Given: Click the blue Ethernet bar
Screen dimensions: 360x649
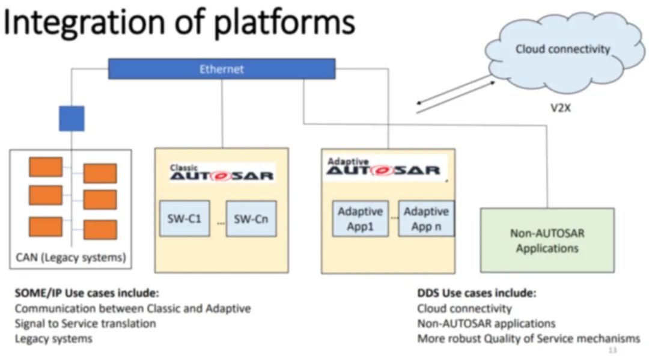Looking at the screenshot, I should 221,69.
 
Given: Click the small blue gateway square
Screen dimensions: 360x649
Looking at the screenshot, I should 71,118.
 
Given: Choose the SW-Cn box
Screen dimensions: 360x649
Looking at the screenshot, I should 251,218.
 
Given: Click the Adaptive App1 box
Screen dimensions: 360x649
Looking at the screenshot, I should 360,219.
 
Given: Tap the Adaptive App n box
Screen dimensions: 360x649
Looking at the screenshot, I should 426,219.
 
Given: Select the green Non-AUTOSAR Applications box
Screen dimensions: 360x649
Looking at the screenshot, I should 547,240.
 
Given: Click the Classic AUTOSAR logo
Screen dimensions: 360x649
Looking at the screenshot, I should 221,173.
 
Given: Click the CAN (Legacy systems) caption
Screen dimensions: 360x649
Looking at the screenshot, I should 71,258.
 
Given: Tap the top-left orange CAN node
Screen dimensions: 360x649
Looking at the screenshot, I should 46,166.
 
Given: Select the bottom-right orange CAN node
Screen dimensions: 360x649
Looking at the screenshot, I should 100,230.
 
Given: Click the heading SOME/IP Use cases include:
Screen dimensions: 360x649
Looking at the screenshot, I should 87,294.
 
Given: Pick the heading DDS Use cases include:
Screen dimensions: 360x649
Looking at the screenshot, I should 477,293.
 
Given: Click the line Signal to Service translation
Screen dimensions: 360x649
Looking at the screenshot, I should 85,323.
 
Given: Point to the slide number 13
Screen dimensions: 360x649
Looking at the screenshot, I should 612,350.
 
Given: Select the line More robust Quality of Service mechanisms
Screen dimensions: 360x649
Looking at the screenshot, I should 528,338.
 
